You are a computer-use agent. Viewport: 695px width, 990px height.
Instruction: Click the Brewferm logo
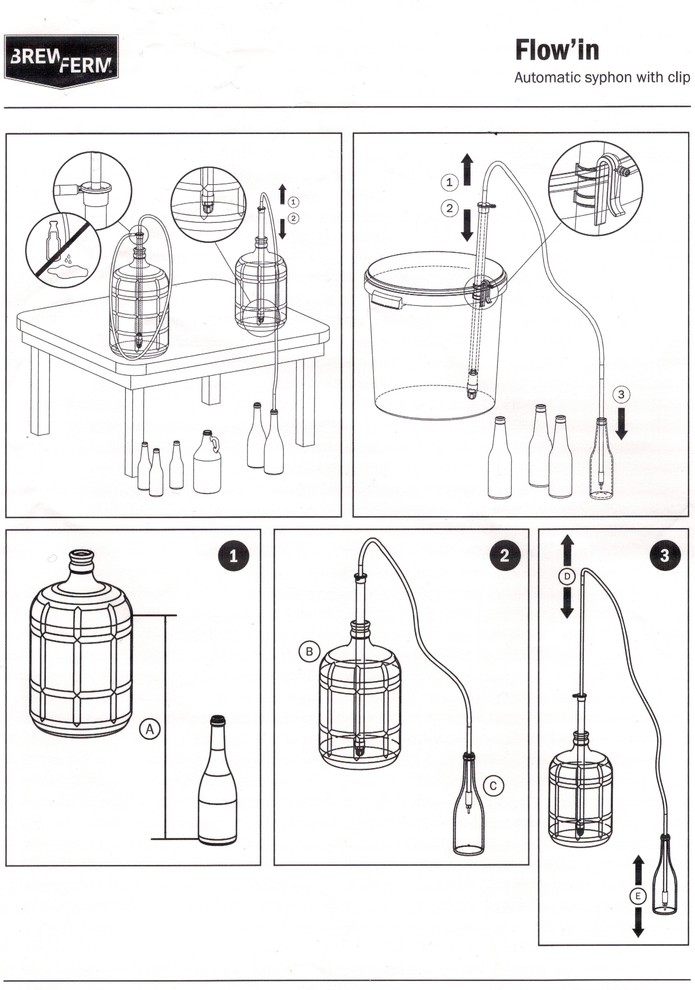(x=61, y=61)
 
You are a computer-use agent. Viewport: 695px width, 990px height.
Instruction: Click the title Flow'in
(x=557, y=50)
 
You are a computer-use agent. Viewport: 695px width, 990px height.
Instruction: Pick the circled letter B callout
(x=309, y=651)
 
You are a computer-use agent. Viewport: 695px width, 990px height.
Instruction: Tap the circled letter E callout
(x=638, y=896)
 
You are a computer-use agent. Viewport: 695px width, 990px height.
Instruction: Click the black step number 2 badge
(x=505, y=555)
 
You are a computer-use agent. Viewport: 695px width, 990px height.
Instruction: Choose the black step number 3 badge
(x=664, y=555)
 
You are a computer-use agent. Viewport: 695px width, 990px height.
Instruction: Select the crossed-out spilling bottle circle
(x=63, y=250)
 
